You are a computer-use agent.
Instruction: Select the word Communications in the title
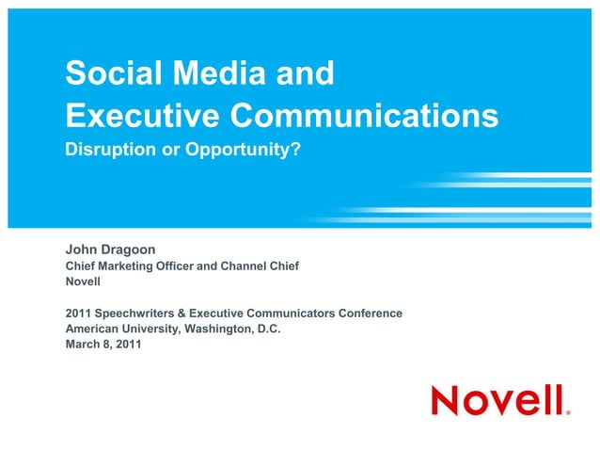point(364,116)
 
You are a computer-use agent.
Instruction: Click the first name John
point(82,249)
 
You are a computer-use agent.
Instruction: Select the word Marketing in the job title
point(133,266)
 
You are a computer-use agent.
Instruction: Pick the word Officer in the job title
point(189,266)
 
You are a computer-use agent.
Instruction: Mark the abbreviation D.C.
point(269,329)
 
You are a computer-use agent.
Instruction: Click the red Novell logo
point(497,400)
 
